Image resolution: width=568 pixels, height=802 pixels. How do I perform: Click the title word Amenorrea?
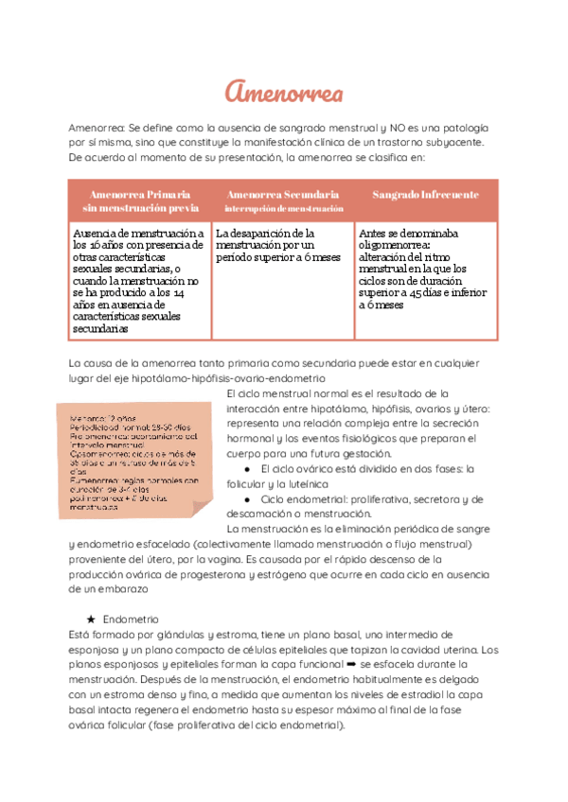click(x=283, y=92)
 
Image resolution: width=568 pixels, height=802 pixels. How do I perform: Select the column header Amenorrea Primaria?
click(x=140, y=194)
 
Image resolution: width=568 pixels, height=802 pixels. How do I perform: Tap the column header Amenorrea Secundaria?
click(x=284, y=194)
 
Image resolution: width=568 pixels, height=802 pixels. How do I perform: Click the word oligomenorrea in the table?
click(x=398, y=244)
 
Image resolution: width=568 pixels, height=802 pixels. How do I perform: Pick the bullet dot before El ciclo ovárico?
click(x=246, y=468)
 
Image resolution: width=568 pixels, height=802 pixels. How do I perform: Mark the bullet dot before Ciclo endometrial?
click(x=246, y=498)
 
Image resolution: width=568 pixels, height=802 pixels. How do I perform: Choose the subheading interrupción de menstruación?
click(x=284, y=207)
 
